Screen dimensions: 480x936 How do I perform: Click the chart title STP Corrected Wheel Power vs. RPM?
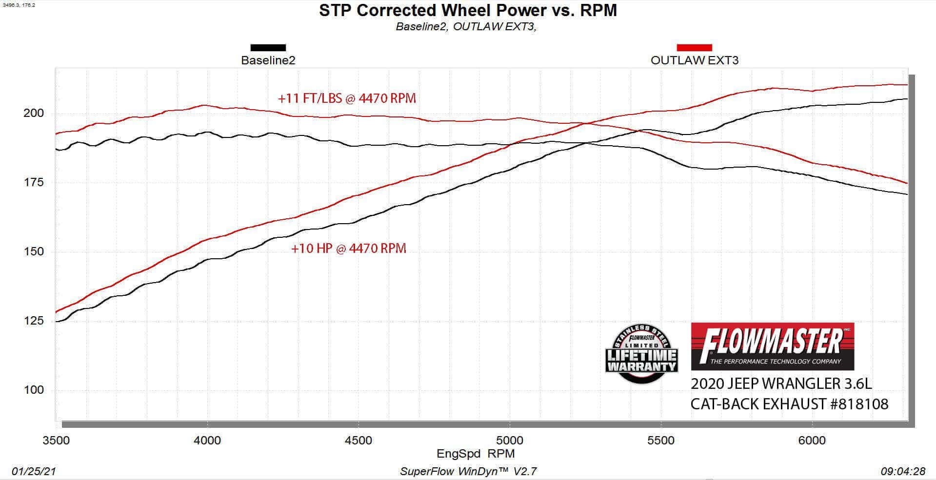coord(468,10)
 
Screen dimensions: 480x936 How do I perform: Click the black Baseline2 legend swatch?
coord(268,48)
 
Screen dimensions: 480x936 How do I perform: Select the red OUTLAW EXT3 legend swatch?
coord(694,48)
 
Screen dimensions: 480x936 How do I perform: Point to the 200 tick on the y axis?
coord(34,113)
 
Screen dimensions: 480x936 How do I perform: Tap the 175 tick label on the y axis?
coord(34,182)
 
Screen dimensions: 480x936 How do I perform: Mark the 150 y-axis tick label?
coord(34,251)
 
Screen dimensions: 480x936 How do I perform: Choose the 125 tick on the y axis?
coord(34,321)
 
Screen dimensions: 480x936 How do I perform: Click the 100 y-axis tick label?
coord(34,390)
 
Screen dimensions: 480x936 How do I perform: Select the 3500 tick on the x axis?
coord(57,441)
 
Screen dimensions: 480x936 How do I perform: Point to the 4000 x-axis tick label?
coord(207,441)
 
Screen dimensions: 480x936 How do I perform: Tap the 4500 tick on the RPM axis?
coord(358,441)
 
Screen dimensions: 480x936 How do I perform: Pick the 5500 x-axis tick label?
coord(660,441)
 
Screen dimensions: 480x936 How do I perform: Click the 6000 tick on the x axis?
coord(812,441)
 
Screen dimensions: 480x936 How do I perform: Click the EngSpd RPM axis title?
coord(475,454)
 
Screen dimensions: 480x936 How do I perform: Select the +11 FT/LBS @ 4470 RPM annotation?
coord(347,98)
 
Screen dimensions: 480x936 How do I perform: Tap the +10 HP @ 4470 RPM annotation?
coord(348,249)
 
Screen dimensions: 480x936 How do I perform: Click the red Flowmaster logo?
coord(772,346)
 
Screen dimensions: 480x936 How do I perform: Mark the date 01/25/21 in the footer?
coord(34,471)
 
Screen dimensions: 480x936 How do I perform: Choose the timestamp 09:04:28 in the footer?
coord(902,471)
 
